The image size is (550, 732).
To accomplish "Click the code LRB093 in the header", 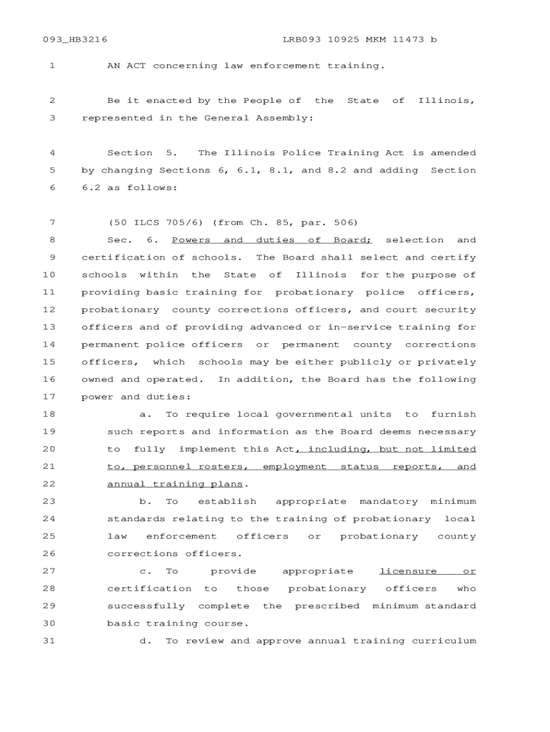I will pos(302,40).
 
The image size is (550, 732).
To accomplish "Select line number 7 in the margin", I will pos(52,222).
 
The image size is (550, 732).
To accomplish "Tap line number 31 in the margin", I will pos(49,641).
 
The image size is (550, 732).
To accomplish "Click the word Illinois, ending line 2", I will pos(446,101).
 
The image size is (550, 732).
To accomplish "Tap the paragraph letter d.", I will pos(146,641).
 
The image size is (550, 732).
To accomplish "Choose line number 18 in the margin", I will pos(49,415).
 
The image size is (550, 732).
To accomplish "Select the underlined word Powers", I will pos(191,240).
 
